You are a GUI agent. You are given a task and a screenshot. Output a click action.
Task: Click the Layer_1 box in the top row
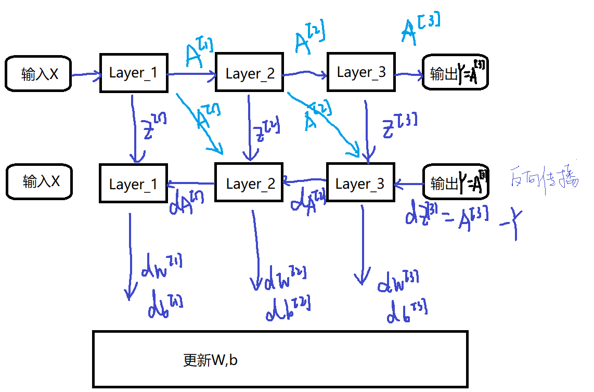(133, 73)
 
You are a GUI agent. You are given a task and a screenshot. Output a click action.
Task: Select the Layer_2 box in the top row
(249, 73)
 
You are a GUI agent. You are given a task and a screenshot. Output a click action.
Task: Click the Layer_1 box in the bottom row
(133, 184)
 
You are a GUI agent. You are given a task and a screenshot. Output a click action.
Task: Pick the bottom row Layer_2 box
(249, 184)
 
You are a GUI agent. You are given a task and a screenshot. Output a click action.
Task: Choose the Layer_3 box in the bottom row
(360, 183)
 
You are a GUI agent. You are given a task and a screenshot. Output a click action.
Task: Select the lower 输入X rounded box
(40, 181)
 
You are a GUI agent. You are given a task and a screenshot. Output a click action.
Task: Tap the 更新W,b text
(210, 360)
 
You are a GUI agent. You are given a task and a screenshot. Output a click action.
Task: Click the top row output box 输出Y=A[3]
(455, 73)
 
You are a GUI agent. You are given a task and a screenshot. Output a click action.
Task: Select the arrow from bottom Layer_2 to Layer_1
(191, 183)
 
